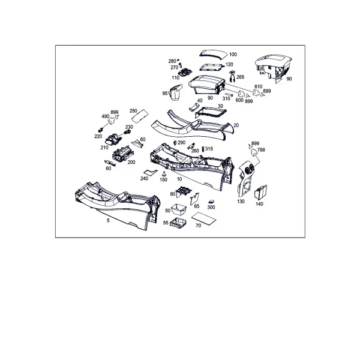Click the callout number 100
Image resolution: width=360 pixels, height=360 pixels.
click(x=233, y=55)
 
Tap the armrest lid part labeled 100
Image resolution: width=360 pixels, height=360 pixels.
click(x=213, y=54)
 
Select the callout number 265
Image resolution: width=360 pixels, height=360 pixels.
click(x=240, y=77)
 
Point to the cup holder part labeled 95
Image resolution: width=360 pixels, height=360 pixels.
click(x=176, y=92)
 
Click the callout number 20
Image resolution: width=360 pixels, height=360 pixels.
click(x=236, y=125)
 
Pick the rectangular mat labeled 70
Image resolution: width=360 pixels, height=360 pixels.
click(x=203, y=218)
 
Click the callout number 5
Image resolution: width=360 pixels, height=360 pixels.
click(x=109, y=220)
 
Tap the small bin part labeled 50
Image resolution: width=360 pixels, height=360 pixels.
click(x=179, y=209)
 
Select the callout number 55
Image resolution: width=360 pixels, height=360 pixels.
click(x=166, y=223)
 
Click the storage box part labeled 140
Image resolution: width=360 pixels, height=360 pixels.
click(x=260, y=192)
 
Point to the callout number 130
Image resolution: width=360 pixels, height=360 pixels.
click(x=241, y=202)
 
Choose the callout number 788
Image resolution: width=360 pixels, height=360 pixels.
click(x=261, y=150)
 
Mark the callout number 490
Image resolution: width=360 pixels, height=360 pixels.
click(x=106, y=116)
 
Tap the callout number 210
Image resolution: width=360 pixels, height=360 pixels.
click(x=104, y=148)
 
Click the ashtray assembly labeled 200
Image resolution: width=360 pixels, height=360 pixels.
click(x=122, y=154)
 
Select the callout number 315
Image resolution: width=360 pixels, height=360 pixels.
click(x=209, y=149)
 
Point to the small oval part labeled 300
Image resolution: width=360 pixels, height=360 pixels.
click(x=211, y=202)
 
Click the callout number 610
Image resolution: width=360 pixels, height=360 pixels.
click(x=258, y=86)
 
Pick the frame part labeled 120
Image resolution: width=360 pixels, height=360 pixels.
click(x=211, y=67)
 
